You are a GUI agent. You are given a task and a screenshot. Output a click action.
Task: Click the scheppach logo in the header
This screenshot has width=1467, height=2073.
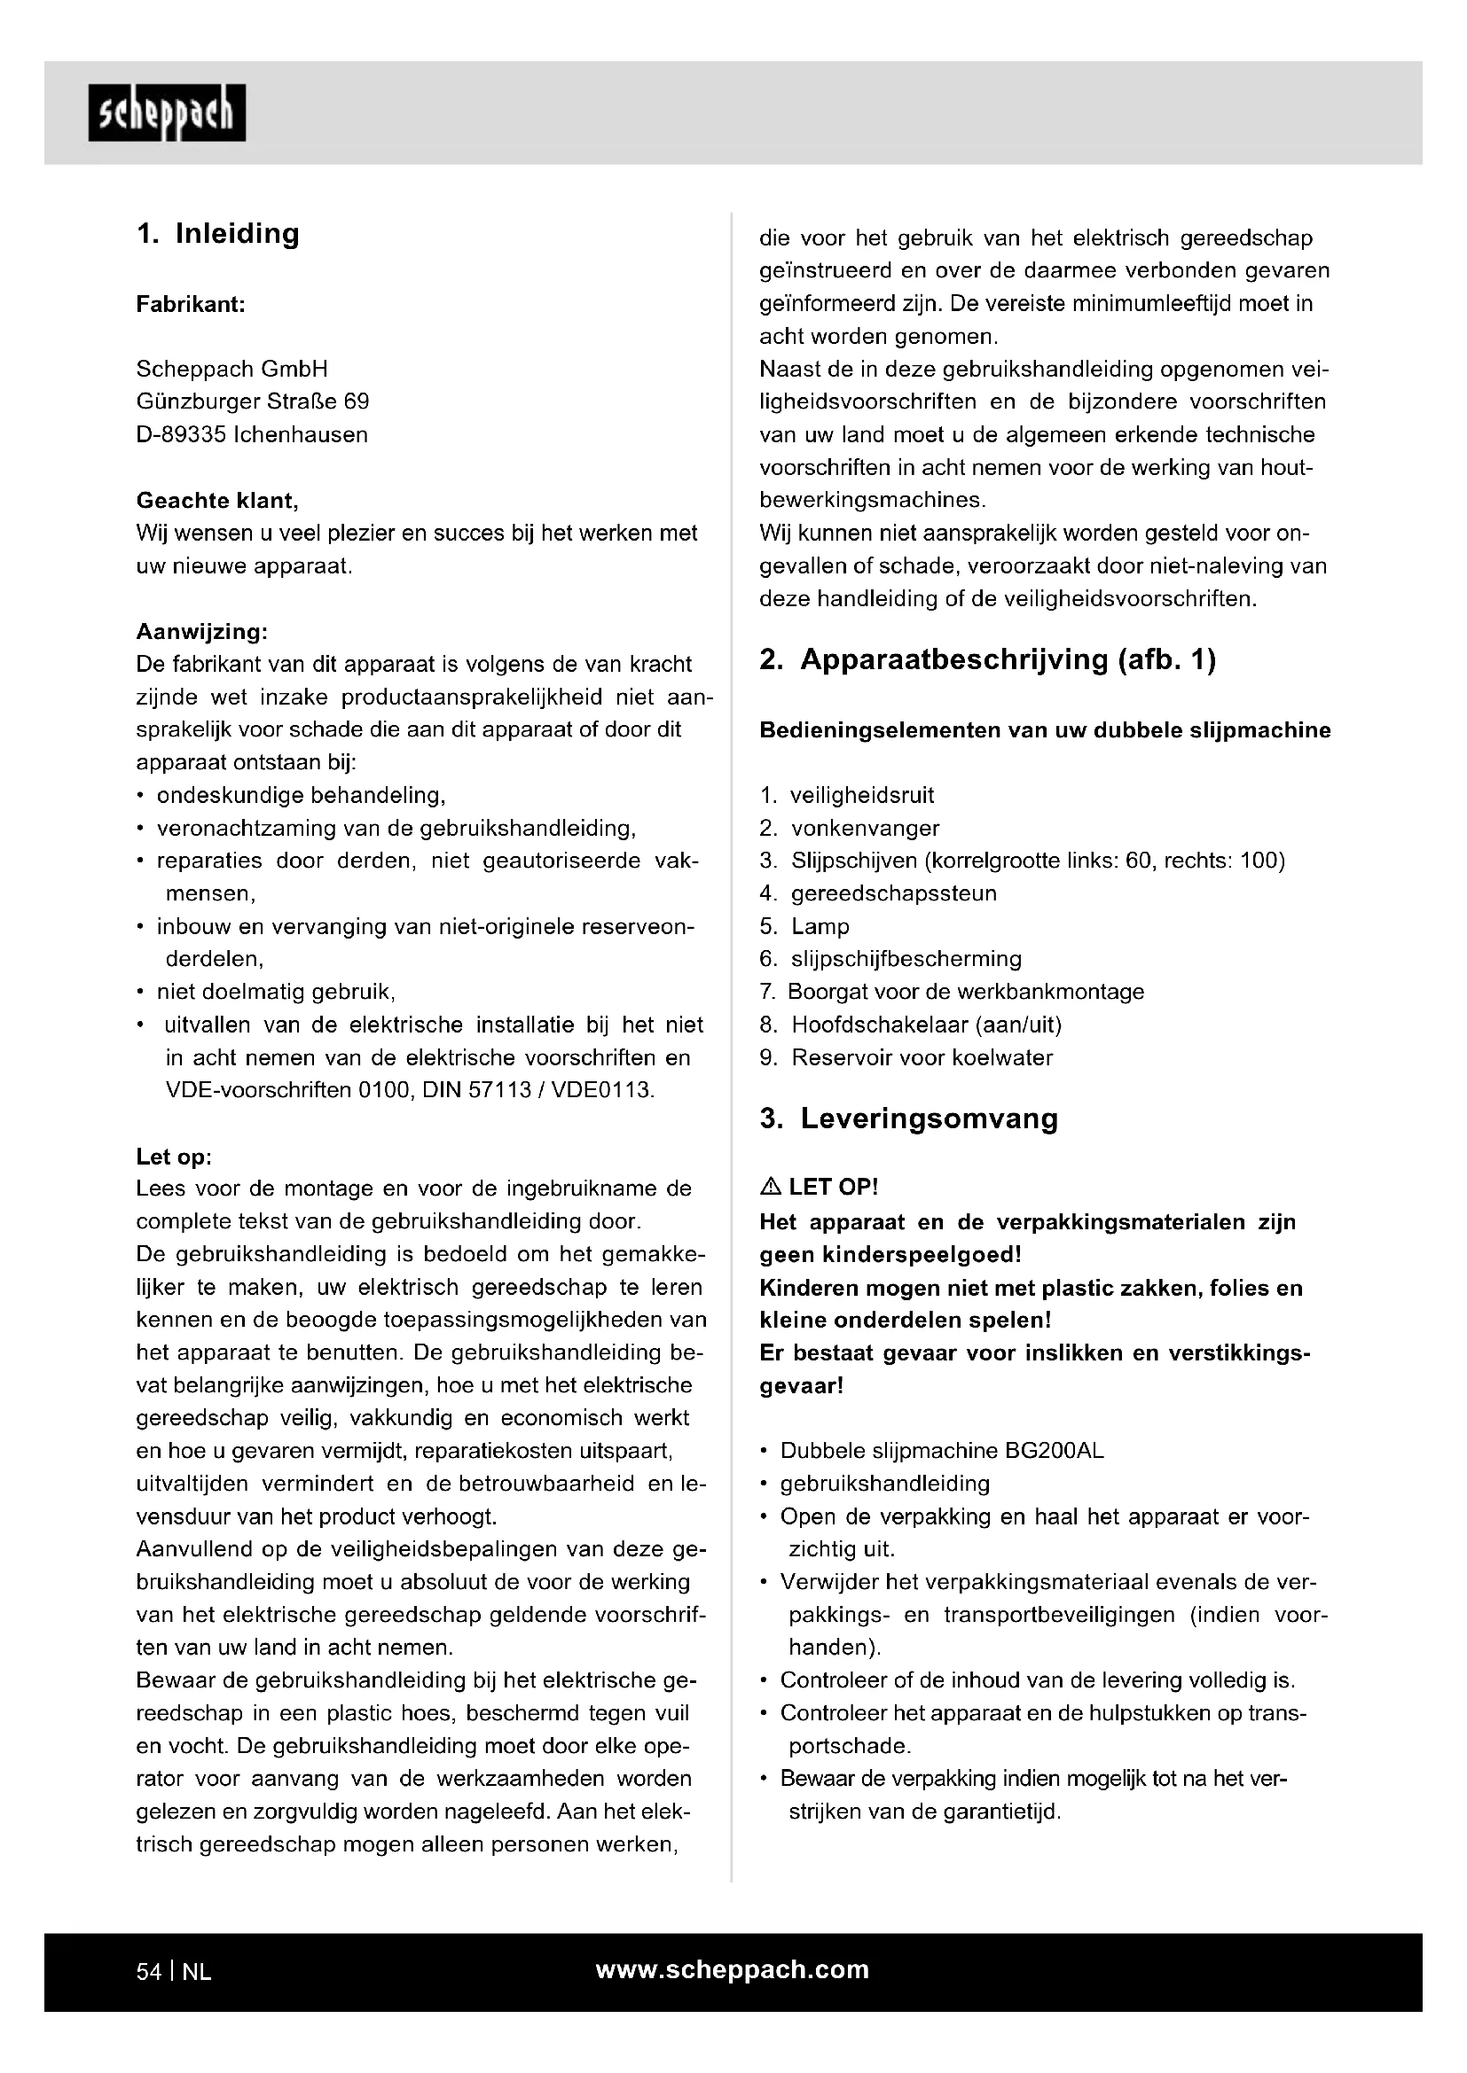(167, 113)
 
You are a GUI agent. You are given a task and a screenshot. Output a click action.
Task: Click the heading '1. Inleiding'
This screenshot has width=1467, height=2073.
(217, 234)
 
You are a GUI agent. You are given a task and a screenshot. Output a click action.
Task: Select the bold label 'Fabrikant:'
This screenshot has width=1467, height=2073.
(191, 304)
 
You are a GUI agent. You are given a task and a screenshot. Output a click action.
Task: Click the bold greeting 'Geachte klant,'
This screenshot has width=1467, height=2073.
(216, 500)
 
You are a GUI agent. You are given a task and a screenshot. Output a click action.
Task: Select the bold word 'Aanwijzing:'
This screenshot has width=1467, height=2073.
(201, 631)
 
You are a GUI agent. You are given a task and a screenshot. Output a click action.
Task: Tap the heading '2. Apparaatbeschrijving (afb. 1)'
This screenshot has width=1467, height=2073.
(987, 660)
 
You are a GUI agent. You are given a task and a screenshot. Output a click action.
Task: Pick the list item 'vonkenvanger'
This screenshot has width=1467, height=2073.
(865, 828)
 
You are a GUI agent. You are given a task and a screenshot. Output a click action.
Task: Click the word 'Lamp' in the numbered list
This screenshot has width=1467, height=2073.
(820, 926)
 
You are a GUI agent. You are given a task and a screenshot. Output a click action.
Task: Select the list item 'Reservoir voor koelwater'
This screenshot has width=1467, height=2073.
(922, 1057)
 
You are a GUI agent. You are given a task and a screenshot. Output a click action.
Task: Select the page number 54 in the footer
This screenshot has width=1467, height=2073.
(148, 1972)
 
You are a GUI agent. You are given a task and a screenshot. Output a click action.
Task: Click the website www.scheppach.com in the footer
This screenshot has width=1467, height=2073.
(733, 1970)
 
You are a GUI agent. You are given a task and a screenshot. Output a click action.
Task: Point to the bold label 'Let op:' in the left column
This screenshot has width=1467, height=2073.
(174, 1157)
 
